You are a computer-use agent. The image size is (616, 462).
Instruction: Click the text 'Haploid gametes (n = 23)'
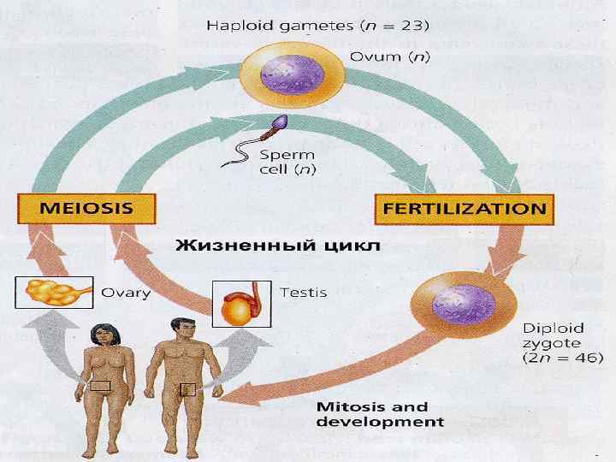pyautogui.click(x=317, y=25)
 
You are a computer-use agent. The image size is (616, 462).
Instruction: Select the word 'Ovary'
pyautogui.click(x=126, y=293)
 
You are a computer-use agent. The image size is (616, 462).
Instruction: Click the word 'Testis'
pyautogui.click(x=304, y=293)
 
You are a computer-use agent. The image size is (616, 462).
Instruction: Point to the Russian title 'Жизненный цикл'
pyautogui.click(x=277, y=246)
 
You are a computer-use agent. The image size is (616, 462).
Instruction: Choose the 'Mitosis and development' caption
pyautogui.click(x=380, y=414)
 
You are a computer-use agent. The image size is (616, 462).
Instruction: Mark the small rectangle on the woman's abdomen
pyautogui.click(x=101, y=387)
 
